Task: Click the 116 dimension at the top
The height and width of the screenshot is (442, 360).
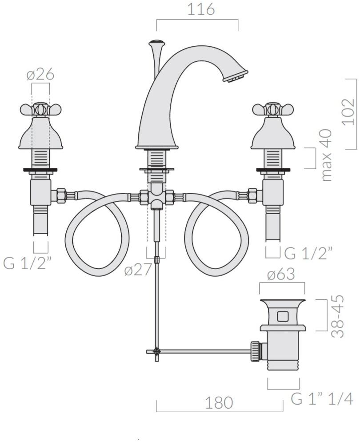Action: point(201,9)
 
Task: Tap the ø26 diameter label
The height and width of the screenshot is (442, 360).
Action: point(40,75)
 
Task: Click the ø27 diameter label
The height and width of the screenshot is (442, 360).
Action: point(138,271)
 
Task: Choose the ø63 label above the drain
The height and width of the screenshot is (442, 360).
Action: point(281,274)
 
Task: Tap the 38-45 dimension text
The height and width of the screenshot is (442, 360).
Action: point(337,316)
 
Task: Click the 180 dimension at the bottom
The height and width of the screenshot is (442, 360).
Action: point(219,403)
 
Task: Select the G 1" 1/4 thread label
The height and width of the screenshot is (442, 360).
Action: point(322,399)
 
